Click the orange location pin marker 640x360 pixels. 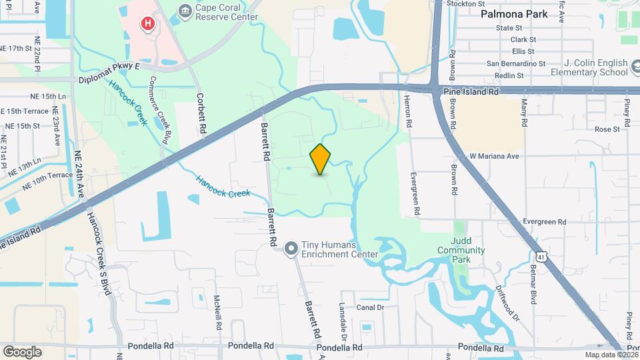coord(320,159)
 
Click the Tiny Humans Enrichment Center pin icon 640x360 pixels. coord(291,249)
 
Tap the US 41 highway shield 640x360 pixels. coord(541,255)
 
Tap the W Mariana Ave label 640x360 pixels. coord(494,156)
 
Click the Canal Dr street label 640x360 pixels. coord(371,307)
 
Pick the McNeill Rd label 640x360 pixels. coord(217,313)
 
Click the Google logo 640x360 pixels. coord(22,351)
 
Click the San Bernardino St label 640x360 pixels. coord(516,64)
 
